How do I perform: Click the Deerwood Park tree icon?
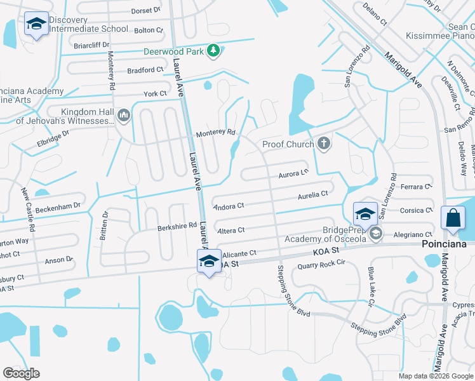pyautogui.click(x=214, y=50)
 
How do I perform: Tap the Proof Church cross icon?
pyautogui.click(x=324, y=143)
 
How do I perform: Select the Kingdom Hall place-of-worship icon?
pyautogui.click(x=123, y=115)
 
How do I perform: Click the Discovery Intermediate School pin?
pyautogui.click(x=36, y=25)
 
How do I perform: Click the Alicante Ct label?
pyautogui.click(x=239, y=253)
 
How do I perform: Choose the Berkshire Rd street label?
pyautogui.click(x=177, y=225)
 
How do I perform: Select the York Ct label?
pyautogui.click(x=155, y=93)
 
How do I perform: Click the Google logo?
pyautogui.click(x=21, y=373)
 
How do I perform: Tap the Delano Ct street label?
pyautogui.click(x=375, y=13)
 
